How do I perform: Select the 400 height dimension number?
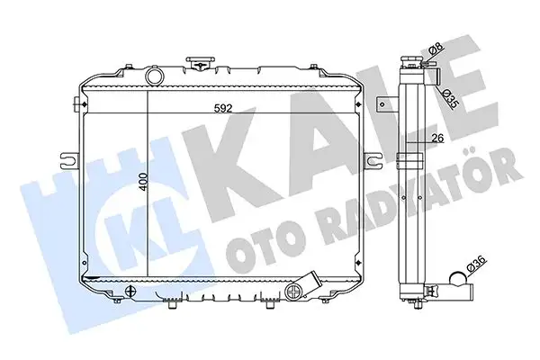(x=141, y=184)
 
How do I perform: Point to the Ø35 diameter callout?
(x=449, y=98)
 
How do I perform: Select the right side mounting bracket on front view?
(x=369, y=160)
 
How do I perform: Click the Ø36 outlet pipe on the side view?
(x=457, y=292)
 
